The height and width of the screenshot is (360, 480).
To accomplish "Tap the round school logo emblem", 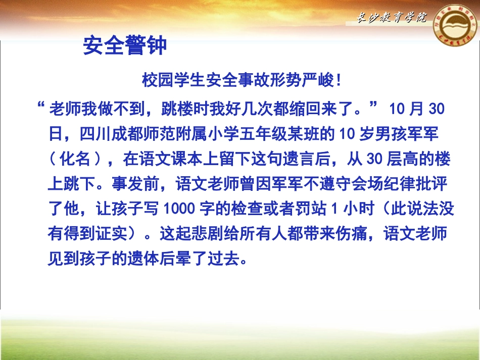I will pyautogui.click(x=453, y=32).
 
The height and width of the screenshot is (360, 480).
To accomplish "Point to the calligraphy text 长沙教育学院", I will pyautogui.click(x=389, y=19).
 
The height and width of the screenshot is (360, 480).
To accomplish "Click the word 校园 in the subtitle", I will pyautogui.click(x=154, y=80).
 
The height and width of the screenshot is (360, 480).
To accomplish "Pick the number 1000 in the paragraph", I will pyautogui.click(x=176, y=209).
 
